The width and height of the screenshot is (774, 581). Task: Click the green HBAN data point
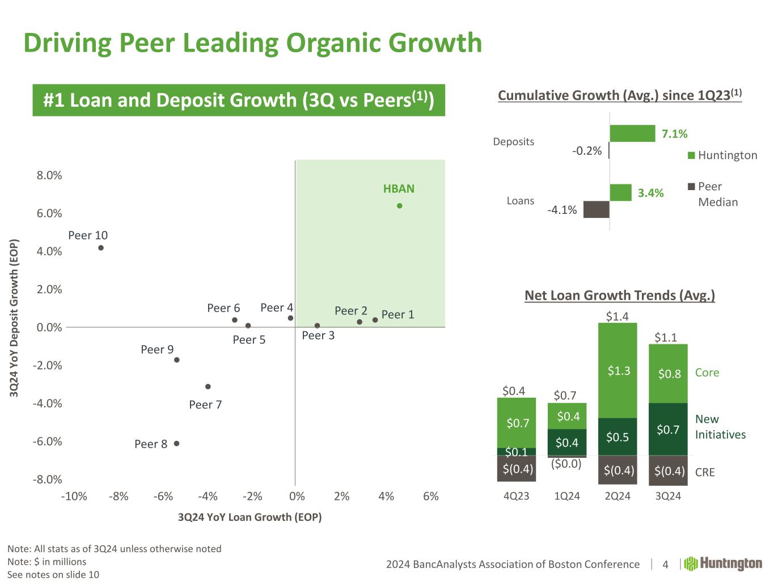(399, 206)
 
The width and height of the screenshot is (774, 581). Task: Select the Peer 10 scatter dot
(101, 247)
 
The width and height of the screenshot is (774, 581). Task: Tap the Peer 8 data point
(176, 444)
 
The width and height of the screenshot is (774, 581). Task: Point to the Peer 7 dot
(208, 386)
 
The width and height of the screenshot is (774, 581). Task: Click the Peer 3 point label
(318, 335)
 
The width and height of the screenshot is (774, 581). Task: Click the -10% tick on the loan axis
(74, 496)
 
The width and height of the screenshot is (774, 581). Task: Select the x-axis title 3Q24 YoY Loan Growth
(249, 517)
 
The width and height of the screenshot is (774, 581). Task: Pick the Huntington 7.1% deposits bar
(632, 133)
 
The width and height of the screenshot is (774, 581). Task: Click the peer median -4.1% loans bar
(596, 209)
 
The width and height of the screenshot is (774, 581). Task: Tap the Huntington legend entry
(722, 155)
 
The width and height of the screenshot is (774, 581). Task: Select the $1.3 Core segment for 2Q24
(617, 371)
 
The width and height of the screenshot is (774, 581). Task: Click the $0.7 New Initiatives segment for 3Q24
(668, 430)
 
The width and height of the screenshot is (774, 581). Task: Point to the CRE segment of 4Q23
(517, 469)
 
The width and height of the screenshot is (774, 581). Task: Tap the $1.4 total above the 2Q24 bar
(617, 316)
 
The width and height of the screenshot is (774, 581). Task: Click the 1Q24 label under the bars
(566, 496)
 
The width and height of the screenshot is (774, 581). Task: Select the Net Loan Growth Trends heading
(619, 295)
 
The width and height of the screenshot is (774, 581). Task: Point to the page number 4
(665, 565)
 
